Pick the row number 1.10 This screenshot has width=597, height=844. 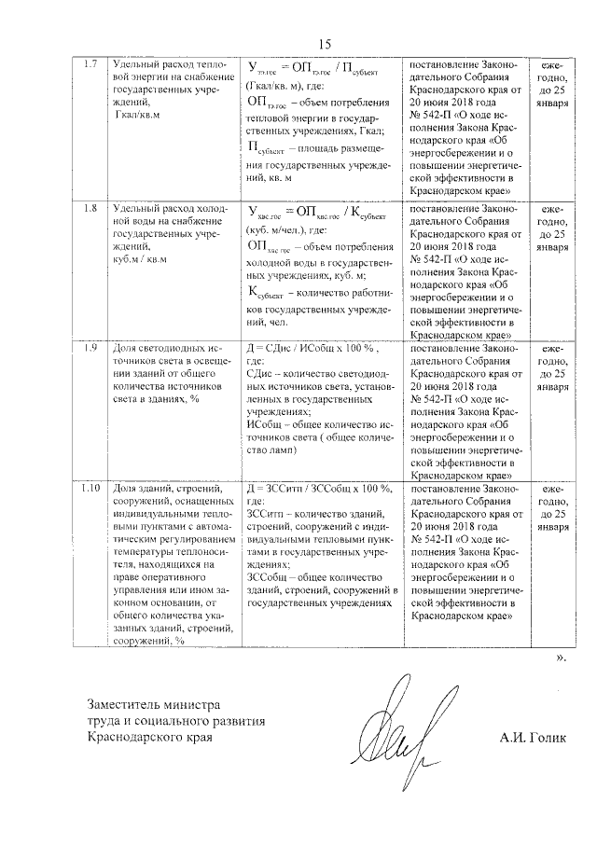[91, 488]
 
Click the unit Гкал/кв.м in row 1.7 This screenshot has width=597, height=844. [137, 115]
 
